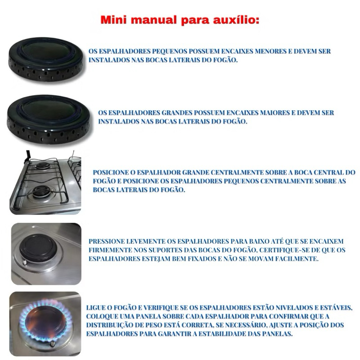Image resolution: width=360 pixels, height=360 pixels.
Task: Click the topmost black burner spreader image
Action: pyautogui.click(x=46, y=58)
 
